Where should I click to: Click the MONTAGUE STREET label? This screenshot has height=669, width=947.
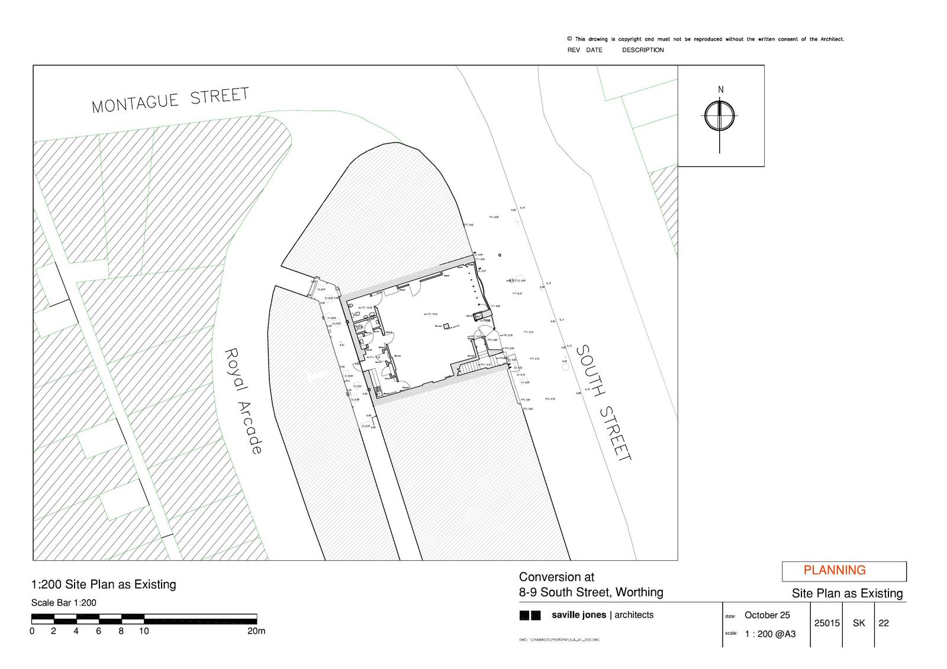click(x=170, y=99)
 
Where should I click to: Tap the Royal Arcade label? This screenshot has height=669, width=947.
click(x=243, y=400)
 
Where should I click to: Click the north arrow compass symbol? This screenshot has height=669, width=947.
click(x=720, y=115)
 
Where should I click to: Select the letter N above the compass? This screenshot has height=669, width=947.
click(x=720, y=90)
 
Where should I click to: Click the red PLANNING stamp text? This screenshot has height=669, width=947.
click(x=835, y=570)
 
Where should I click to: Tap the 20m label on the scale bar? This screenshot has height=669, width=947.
click(x=256, y=631)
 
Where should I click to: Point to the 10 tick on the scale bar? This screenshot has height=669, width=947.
click(x=144, y=631)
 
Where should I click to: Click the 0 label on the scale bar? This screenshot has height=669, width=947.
click(x=32, y=631)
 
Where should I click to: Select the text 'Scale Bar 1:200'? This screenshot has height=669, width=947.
click(x=63, y=603)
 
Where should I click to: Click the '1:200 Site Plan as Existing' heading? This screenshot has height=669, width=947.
click(x=104, y=584)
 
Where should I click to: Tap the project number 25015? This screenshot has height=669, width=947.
click(x=827, y=623)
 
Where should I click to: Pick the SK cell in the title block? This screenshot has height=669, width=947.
click(x=859, y=623)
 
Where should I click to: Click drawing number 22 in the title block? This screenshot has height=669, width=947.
click(x=884, y=623)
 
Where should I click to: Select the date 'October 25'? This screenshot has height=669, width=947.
click(x=767, y=615)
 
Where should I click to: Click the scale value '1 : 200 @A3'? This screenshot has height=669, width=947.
click(x=770, y=634)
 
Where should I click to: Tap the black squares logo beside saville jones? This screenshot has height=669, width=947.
click(x=530, y=615)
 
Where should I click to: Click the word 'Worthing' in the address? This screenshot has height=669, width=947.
click(x=639, y=592)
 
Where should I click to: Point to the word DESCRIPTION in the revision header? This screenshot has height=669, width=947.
click(x=643, y=50)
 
